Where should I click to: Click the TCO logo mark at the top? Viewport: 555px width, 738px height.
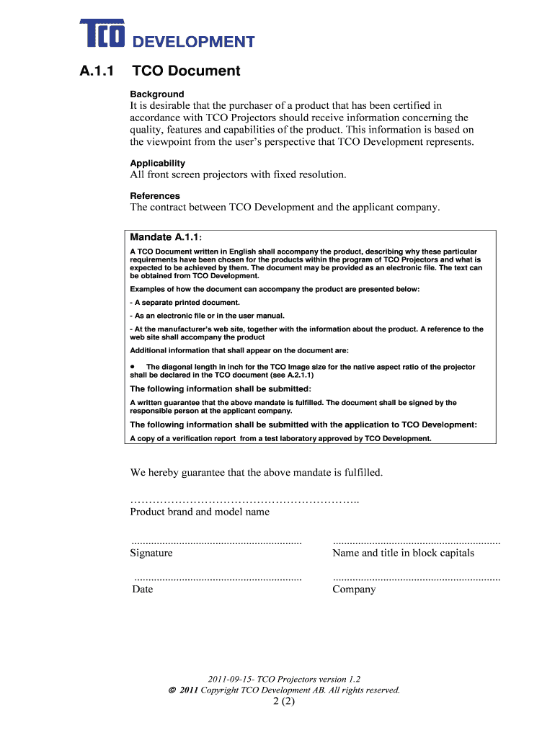coord(103,35)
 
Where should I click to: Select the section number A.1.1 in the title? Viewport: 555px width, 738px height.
coord(95,71)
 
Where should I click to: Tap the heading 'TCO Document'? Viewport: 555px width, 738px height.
coord(185,71)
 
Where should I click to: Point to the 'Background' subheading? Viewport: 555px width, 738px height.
coord(156,94)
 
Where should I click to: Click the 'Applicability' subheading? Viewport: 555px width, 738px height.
coord(157,164)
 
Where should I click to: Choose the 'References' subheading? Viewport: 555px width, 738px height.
coord(155,196)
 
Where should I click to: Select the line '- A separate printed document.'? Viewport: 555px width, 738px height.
coord(185,303)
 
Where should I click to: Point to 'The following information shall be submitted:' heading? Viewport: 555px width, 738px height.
coord(221,389)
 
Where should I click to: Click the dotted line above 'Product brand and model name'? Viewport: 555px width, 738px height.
coord(244,500)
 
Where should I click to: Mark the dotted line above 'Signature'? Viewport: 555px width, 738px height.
coord(216,541)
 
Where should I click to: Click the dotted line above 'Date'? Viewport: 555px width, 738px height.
coord(218,578)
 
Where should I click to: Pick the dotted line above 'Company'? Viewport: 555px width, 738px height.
coord(416,578)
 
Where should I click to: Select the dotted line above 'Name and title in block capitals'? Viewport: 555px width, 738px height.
coord(416,541)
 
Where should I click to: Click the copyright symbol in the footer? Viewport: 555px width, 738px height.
coord(171,690)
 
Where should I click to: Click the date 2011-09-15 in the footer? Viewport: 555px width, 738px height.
coord(230,679)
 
